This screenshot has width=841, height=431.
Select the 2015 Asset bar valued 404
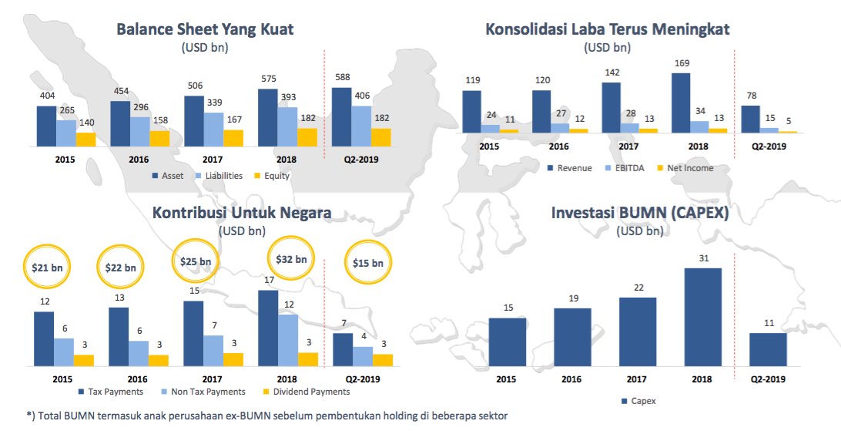click(x=46, y=126)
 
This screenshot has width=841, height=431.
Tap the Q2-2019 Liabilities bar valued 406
click(x=360, y=126)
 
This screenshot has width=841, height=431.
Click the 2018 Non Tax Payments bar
click(x=287, y=340)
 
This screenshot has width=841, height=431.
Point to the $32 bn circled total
click(x=290, y=260)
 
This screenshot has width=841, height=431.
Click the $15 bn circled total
click(x=367, y=263)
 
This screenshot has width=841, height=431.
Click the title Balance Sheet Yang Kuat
click(x=205, y=29)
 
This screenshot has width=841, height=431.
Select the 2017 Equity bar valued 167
click(x=233, y=137)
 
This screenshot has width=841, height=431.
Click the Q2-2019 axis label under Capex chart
click(x=768, y=379)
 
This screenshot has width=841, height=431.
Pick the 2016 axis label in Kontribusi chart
click(x=137, y=379)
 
